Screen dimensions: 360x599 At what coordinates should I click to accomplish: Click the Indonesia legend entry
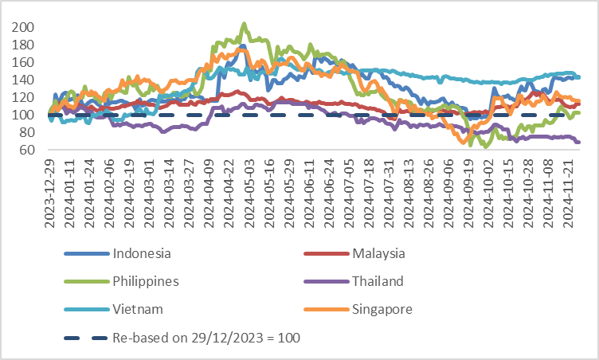[x=142, y=254]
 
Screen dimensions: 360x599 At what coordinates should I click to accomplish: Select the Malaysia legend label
[x=378, y=254]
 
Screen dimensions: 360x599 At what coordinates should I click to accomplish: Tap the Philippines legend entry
[x=146, y=281]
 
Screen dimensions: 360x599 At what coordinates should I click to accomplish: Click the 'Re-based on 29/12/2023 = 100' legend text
[x=206, y=337]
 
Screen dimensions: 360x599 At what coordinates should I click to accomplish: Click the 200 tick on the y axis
[x=24, y=27]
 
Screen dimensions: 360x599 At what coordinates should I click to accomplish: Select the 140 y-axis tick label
[x=24, y=80]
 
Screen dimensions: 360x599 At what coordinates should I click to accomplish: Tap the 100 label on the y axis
[x=24, y=115]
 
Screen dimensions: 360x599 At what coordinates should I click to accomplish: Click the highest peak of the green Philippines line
[x=244, y=24]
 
